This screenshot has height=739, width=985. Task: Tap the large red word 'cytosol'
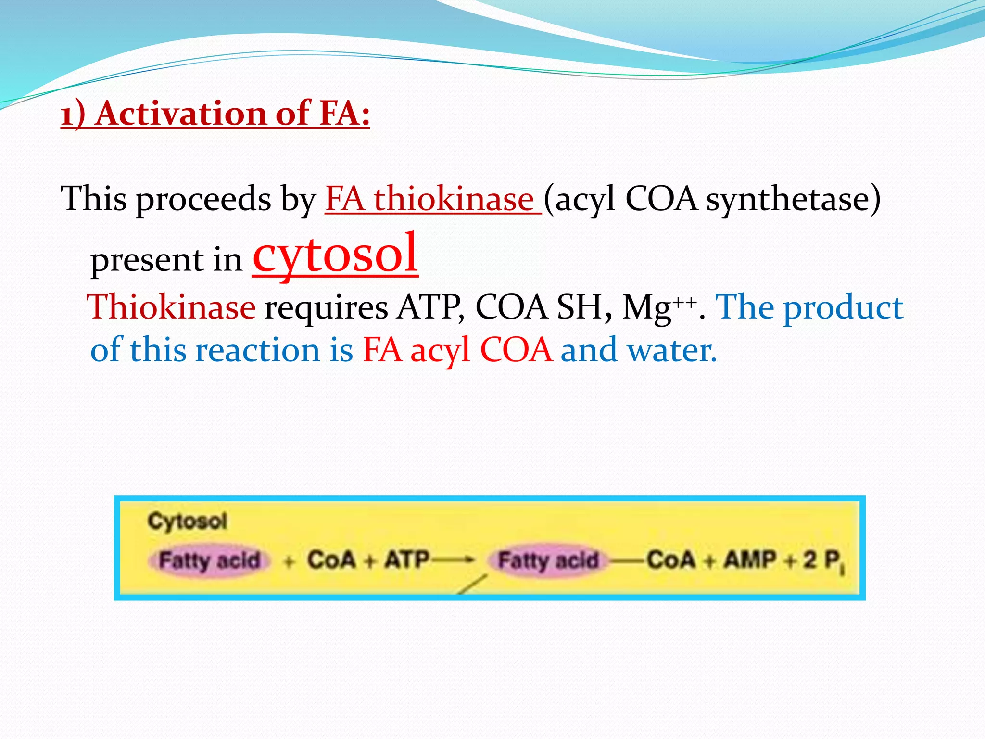pyautogui.click(x=335, y=254)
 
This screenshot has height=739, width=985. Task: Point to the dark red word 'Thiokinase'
pyautogui.click(x=171, y=307)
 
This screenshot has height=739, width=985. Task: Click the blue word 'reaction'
pyautogui.click(x=257, y=350)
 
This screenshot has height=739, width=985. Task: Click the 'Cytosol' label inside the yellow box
pyautogui.click(x=187, y=521)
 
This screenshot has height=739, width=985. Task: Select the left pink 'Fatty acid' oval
pyautogui.click(x=209, y=561)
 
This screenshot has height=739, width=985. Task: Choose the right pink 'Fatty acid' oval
pyautogui.click(x=548, y=561)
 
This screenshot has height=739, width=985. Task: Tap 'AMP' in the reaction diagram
pyautogui.click(x=750, y=560)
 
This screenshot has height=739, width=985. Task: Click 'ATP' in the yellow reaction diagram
pyautogui.click(x=406, y=560)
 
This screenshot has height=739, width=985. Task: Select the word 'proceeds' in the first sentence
pyautogui.click(x=203, y=200)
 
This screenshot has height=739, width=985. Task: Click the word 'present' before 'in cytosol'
pyautogui.click(x=147, y=260)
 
